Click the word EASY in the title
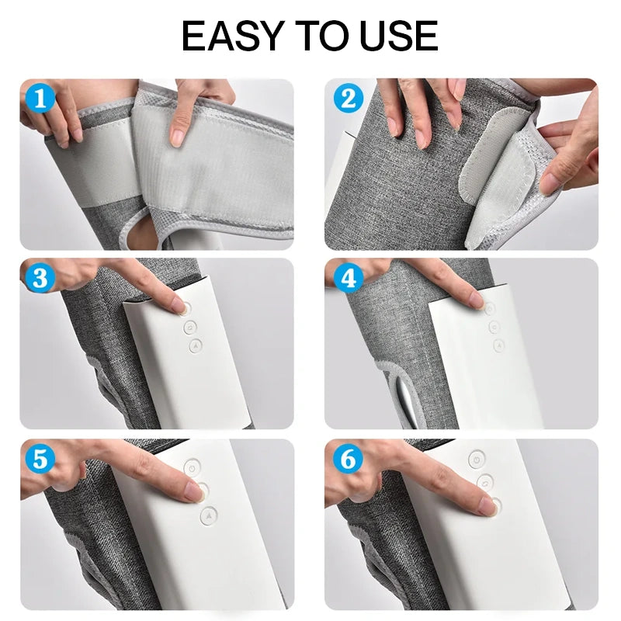tap(234, 36)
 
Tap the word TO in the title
tap(321, 36)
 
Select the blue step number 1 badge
tap(40, 98)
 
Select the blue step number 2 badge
tap(349, 98)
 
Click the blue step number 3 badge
tap(40, 278)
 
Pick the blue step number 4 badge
tap(349, 278)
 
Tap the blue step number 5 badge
tap(40, 459)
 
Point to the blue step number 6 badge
tap(349, 459)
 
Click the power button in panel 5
tap(192, 467)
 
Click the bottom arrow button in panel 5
tap(209, 515)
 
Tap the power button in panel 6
tap(477, 460)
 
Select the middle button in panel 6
tap(486, 482)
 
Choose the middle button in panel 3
tap(190, 327)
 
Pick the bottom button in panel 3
tap(196, 345)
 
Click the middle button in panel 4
tap(494, 327)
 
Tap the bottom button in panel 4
tap(499, 345)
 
